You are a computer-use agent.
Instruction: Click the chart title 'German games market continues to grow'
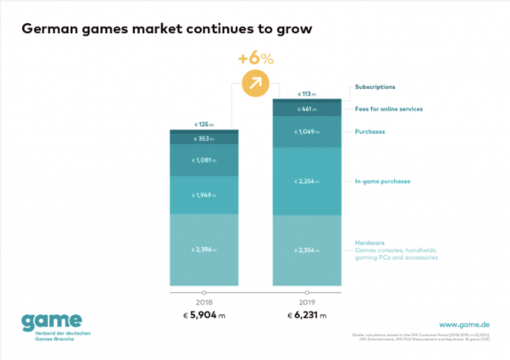[167, 30]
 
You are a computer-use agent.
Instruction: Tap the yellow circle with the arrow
[254, 82]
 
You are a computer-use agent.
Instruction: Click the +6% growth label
[254, 58]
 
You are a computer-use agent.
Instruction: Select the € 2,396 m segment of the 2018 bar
[204, 249]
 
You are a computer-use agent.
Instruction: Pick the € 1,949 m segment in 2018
[204, 194]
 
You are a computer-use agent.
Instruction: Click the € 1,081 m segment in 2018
[204, 160]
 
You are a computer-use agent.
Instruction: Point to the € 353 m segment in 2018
[204, 139]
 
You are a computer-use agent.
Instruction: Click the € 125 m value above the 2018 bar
[204, 124]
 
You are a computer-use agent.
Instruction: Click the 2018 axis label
[204, 302]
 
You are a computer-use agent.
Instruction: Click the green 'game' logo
[51, 322]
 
